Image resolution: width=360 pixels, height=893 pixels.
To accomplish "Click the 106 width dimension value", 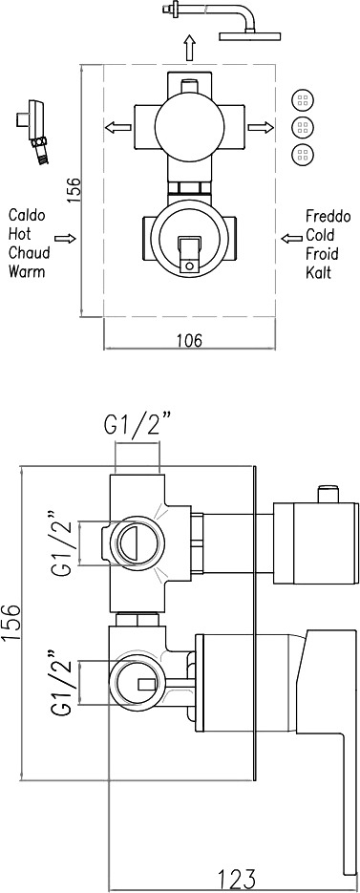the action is (189, 341).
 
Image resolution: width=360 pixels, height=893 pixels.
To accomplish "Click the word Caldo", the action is (27, 215).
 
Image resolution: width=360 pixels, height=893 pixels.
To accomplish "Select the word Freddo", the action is (329, 217).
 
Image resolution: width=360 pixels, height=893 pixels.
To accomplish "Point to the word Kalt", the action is (318, 271).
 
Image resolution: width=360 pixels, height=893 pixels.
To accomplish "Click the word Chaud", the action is (29, 252).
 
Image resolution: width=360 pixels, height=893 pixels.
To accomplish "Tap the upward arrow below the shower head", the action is (189, 47).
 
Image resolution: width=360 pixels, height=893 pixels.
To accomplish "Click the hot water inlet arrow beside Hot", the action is (65, 238).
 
